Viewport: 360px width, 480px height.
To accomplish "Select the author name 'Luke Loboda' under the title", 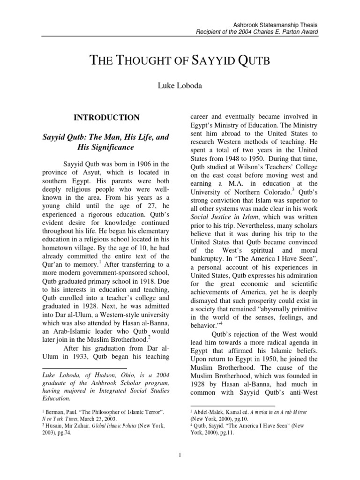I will pyautogui.click(x=180, y=85).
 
